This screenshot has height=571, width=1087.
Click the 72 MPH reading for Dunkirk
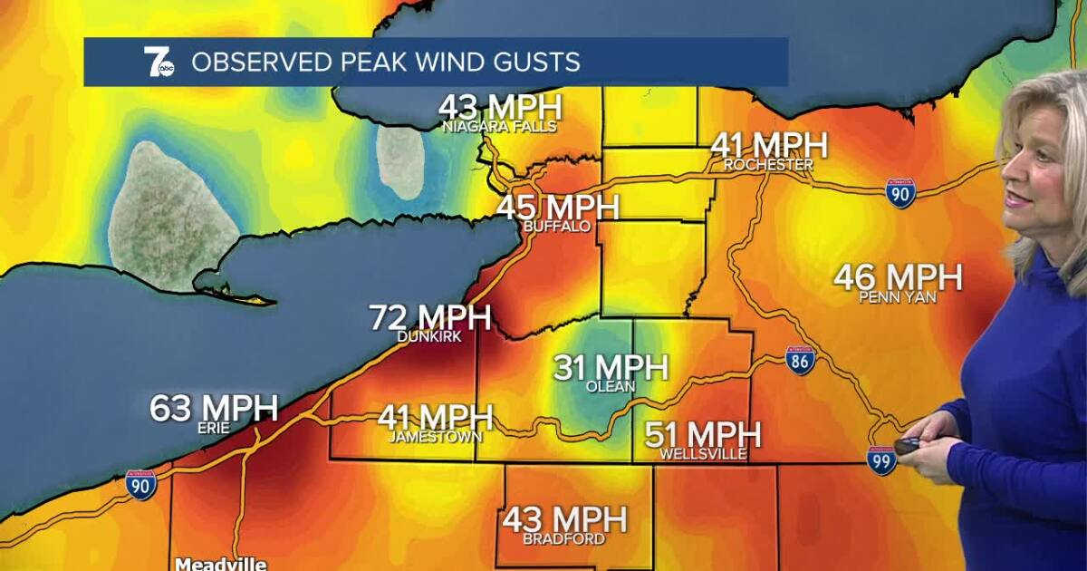[429, 318]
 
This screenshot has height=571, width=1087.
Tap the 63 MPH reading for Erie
[214, 408]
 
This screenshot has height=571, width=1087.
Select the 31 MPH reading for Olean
[610, 367]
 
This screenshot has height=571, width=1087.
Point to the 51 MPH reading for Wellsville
[702, 435]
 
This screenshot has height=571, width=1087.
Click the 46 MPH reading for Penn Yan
[897, 277]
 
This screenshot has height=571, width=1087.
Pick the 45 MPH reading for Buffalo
[557, 207]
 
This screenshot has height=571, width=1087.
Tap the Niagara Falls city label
[499, 127]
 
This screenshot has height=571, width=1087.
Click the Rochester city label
[768, 165]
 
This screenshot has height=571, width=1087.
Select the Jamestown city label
[435, 437]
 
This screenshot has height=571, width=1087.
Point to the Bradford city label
[564, 539]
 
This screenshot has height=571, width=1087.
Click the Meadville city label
[221, 563]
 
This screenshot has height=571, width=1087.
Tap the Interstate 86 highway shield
[800, 360]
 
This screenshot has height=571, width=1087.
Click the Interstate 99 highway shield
[881, 460]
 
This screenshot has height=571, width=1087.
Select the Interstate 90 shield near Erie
[140, 485]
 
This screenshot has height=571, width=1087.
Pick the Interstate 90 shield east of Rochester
[900, 193]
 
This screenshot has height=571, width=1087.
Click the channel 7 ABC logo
[159, 62]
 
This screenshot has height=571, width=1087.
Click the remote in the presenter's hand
[908, 445]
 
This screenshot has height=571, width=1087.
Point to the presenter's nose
[1007, 192]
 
